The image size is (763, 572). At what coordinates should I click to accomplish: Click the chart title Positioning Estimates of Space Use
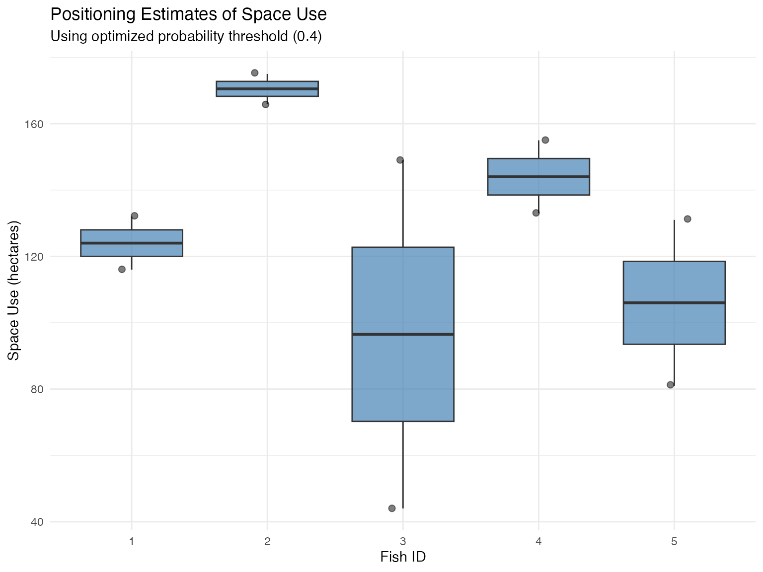click(x=188, y=14)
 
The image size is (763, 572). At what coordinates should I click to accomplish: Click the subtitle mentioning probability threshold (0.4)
click(x=186, y=37)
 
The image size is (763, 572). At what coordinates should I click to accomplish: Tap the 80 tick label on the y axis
click(x=37, y=389)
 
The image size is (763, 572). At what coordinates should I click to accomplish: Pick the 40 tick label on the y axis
click(x=37, y=522)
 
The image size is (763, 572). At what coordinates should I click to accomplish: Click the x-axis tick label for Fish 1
click(x=132, y=541)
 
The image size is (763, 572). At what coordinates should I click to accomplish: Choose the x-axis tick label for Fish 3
click(x=403, y=541)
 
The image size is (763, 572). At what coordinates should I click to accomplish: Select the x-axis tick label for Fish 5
click(x=674, y=541)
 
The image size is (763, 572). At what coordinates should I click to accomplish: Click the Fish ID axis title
click(x=403, y=557)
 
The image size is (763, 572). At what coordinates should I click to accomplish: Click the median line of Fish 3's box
click(x=403, y=334)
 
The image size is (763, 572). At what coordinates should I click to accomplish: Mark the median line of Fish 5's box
click(x=674, y=302)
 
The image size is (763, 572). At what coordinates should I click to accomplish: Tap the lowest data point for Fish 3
click(x=392, y=508)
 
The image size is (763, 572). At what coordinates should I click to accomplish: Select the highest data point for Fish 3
click(x=400, y=160)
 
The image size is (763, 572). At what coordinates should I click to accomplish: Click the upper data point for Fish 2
click(x=255, y=73)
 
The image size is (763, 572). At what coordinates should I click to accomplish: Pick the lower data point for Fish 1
click(x=122, y=269)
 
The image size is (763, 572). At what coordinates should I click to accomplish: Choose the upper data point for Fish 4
click(x=545, y=140)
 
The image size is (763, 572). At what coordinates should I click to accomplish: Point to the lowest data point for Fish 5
click(x=670, y=385)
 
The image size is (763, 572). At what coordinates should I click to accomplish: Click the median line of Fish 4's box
click(x=538, y=177)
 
